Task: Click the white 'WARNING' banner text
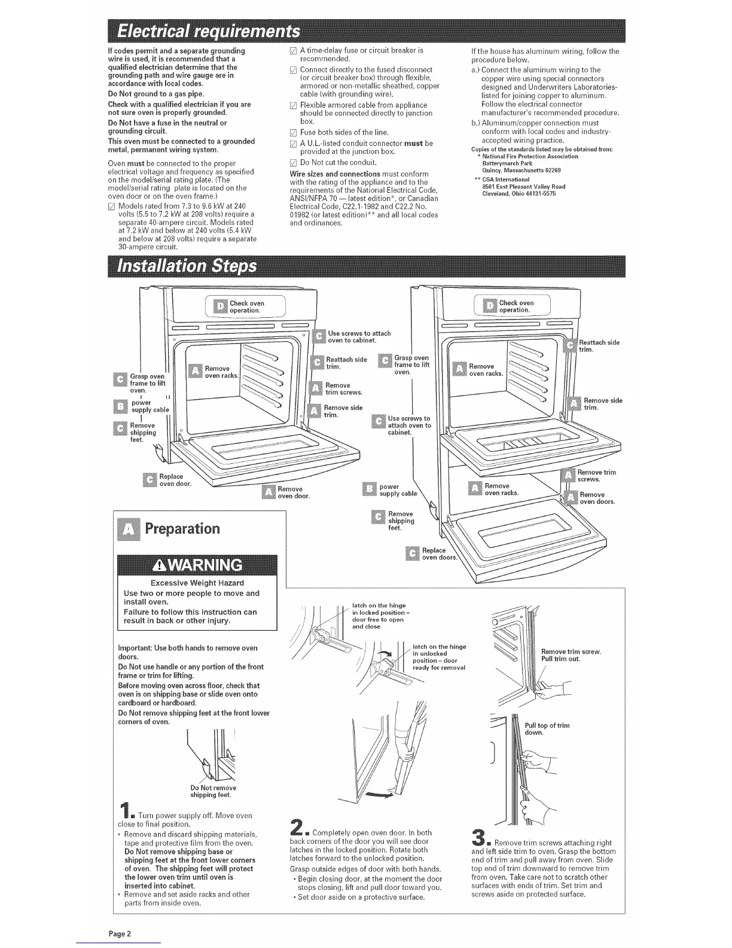pyautogui.click(x=197, y=566)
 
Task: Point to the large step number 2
pyautogui.click(x=298, y=828)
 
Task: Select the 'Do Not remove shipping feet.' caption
pyautogui.click(x=213, y=791)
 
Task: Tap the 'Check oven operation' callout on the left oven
pyautogui.click(x=246, y=307)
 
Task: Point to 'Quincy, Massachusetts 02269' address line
pyautogui.click(x=521, y=170)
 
